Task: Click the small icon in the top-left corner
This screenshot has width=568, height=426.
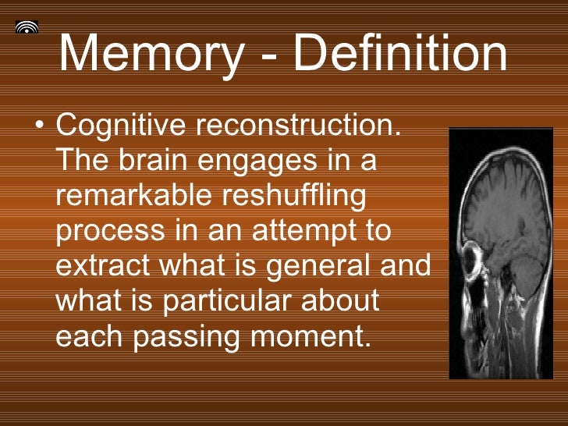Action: pyautogui.click(x=27, y=27)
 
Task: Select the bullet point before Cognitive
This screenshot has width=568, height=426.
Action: pyautogui.click(x=41, y=127)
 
